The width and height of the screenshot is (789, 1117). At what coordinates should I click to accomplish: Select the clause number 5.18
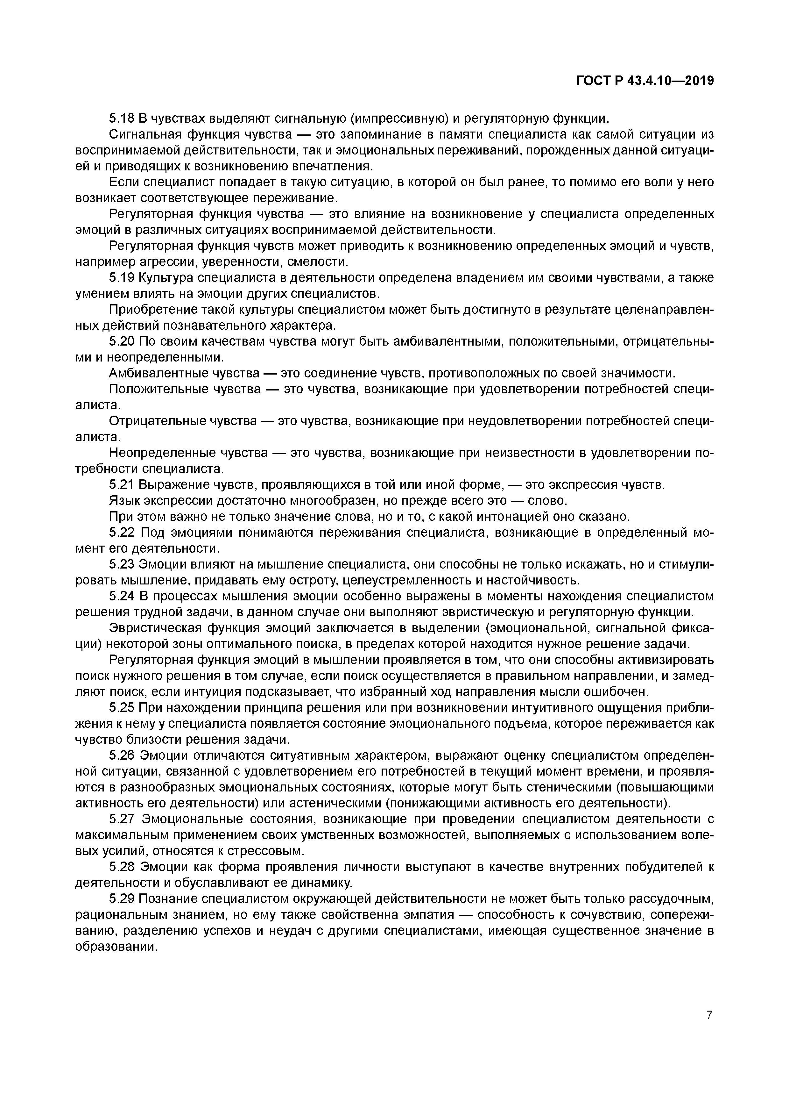point(122,118)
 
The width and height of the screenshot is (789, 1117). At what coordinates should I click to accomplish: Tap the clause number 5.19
point(122,278)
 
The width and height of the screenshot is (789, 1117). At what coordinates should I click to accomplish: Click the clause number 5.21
point(122,485)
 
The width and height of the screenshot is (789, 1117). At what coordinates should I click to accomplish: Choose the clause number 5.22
point(122,533)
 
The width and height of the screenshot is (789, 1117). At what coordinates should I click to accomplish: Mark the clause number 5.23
point(122,565)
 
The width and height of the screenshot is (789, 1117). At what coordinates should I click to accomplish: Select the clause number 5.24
point(122,597)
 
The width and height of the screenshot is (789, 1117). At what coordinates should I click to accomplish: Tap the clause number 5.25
point(122,708)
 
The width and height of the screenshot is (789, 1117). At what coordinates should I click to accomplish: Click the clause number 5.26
point(122,756)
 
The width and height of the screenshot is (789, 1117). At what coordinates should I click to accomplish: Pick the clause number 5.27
point(122,820)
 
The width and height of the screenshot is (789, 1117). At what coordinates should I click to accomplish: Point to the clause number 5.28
point(122,868)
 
